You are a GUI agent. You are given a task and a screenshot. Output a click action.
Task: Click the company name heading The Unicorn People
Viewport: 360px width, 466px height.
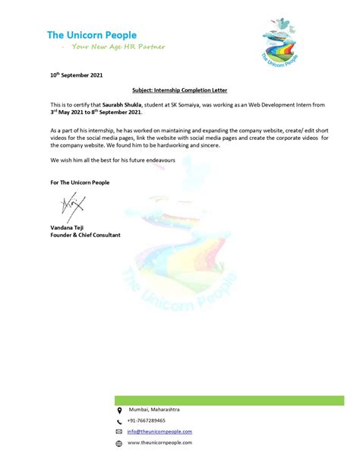pos(92,34)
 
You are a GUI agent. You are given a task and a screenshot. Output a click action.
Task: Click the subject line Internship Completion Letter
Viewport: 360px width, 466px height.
pos(180,89)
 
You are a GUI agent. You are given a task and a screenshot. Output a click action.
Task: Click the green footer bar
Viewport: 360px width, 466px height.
pos(229,400)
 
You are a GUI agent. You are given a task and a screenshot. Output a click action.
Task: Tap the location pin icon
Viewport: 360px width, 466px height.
pos(118,411)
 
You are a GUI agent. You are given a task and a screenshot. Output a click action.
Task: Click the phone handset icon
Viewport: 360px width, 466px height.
pos(118,421)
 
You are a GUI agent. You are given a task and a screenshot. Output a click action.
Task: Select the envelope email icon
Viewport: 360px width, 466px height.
pos(118,432)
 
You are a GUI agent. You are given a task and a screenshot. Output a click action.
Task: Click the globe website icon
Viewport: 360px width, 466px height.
pos(118,442)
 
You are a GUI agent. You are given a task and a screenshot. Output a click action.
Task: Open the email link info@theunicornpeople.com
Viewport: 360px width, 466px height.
pos(159,431)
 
